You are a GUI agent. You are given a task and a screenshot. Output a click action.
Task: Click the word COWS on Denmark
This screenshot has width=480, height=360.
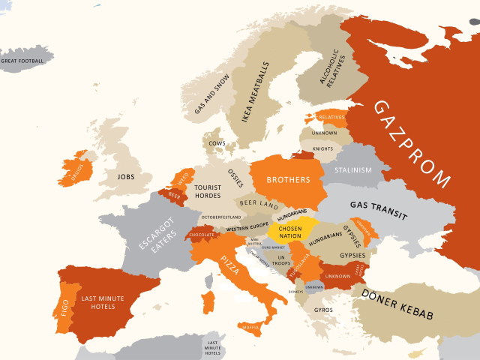(x=217, y=142)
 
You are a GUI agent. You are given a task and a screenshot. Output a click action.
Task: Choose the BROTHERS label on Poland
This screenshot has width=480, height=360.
(x=288, y=180)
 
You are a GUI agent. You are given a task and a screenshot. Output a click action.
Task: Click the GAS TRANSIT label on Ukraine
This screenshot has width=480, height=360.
(x=378, y=209)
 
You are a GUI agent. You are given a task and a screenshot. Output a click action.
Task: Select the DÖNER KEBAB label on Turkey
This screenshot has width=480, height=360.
(x=397, y=304)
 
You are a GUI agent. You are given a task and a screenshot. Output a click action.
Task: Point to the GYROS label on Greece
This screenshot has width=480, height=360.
(x=324, y=310)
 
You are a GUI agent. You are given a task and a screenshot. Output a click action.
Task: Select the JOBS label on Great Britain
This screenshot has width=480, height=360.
(x=127, y=178)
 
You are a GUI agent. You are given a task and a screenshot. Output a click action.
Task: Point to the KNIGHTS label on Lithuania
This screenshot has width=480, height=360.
(x=322, y=148)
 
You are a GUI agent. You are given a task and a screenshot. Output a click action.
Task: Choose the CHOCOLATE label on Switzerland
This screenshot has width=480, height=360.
(x=202, y=234)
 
